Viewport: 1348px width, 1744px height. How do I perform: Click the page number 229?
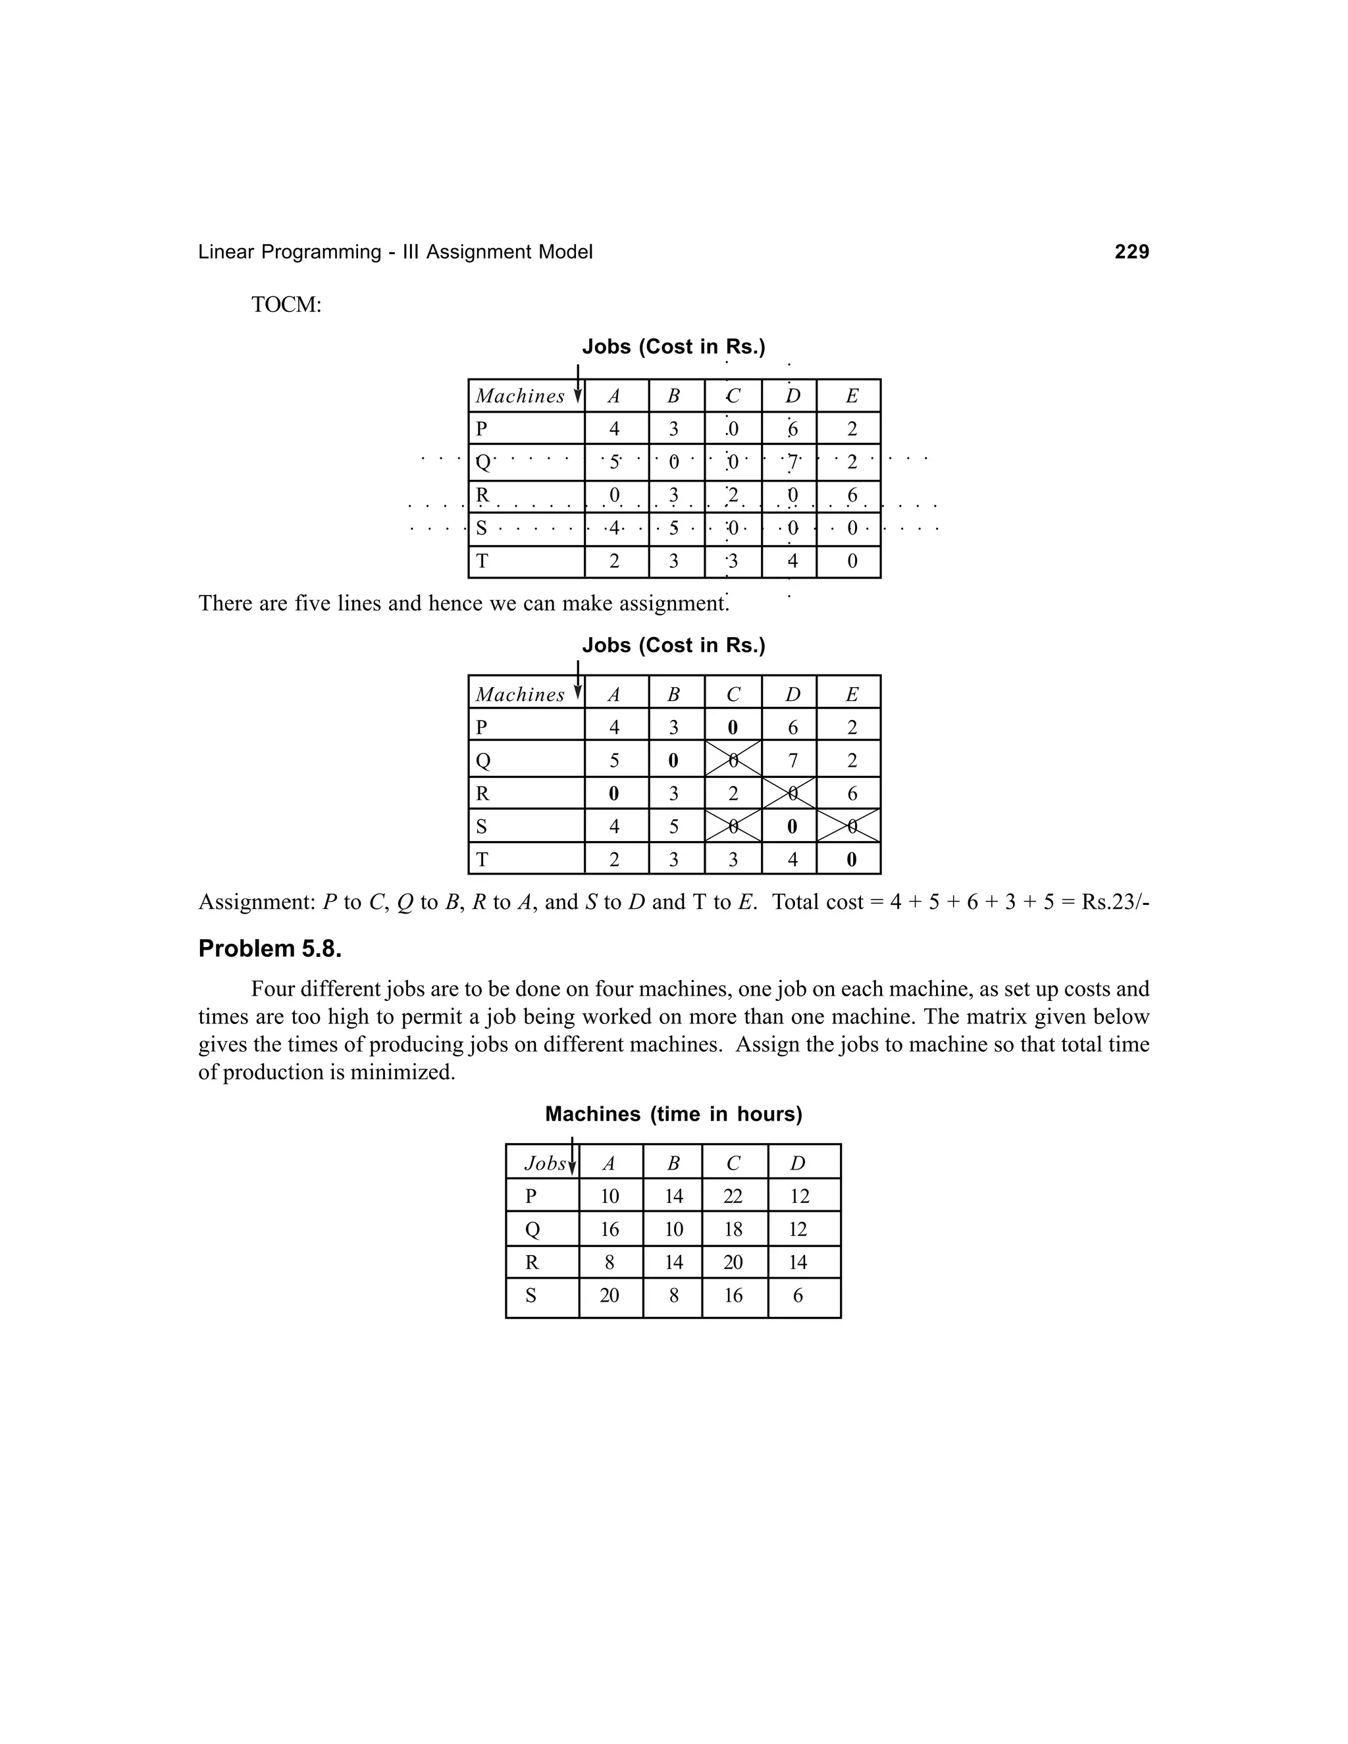(1131, 252)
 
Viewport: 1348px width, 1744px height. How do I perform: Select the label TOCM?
(286, 305)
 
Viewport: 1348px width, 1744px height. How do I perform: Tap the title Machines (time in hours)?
(673, 1114)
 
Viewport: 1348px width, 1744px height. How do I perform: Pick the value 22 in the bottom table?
(733, 1196)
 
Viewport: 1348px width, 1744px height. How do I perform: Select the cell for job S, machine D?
(798, 1295)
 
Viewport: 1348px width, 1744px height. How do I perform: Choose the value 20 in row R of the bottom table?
(733, 1262)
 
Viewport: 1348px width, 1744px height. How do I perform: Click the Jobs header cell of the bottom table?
(542, 1164)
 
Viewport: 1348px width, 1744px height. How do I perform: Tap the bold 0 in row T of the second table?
(851, 860)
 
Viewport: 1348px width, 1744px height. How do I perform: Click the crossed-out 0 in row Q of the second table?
(733, 760)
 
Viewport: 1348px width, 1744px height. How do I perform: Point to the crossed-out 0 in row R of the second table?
(791, 794)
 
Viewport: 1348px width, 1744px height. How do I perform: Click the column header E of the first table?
(851, 396)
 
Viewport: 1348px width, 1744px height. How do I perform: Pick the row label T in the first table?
(482, 561)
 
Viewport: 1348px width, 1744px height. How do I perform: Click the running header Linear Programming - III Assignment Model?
(396, 252)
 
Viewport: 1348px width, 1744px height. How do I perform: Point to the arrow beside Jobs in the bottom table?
(573, 1157)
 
